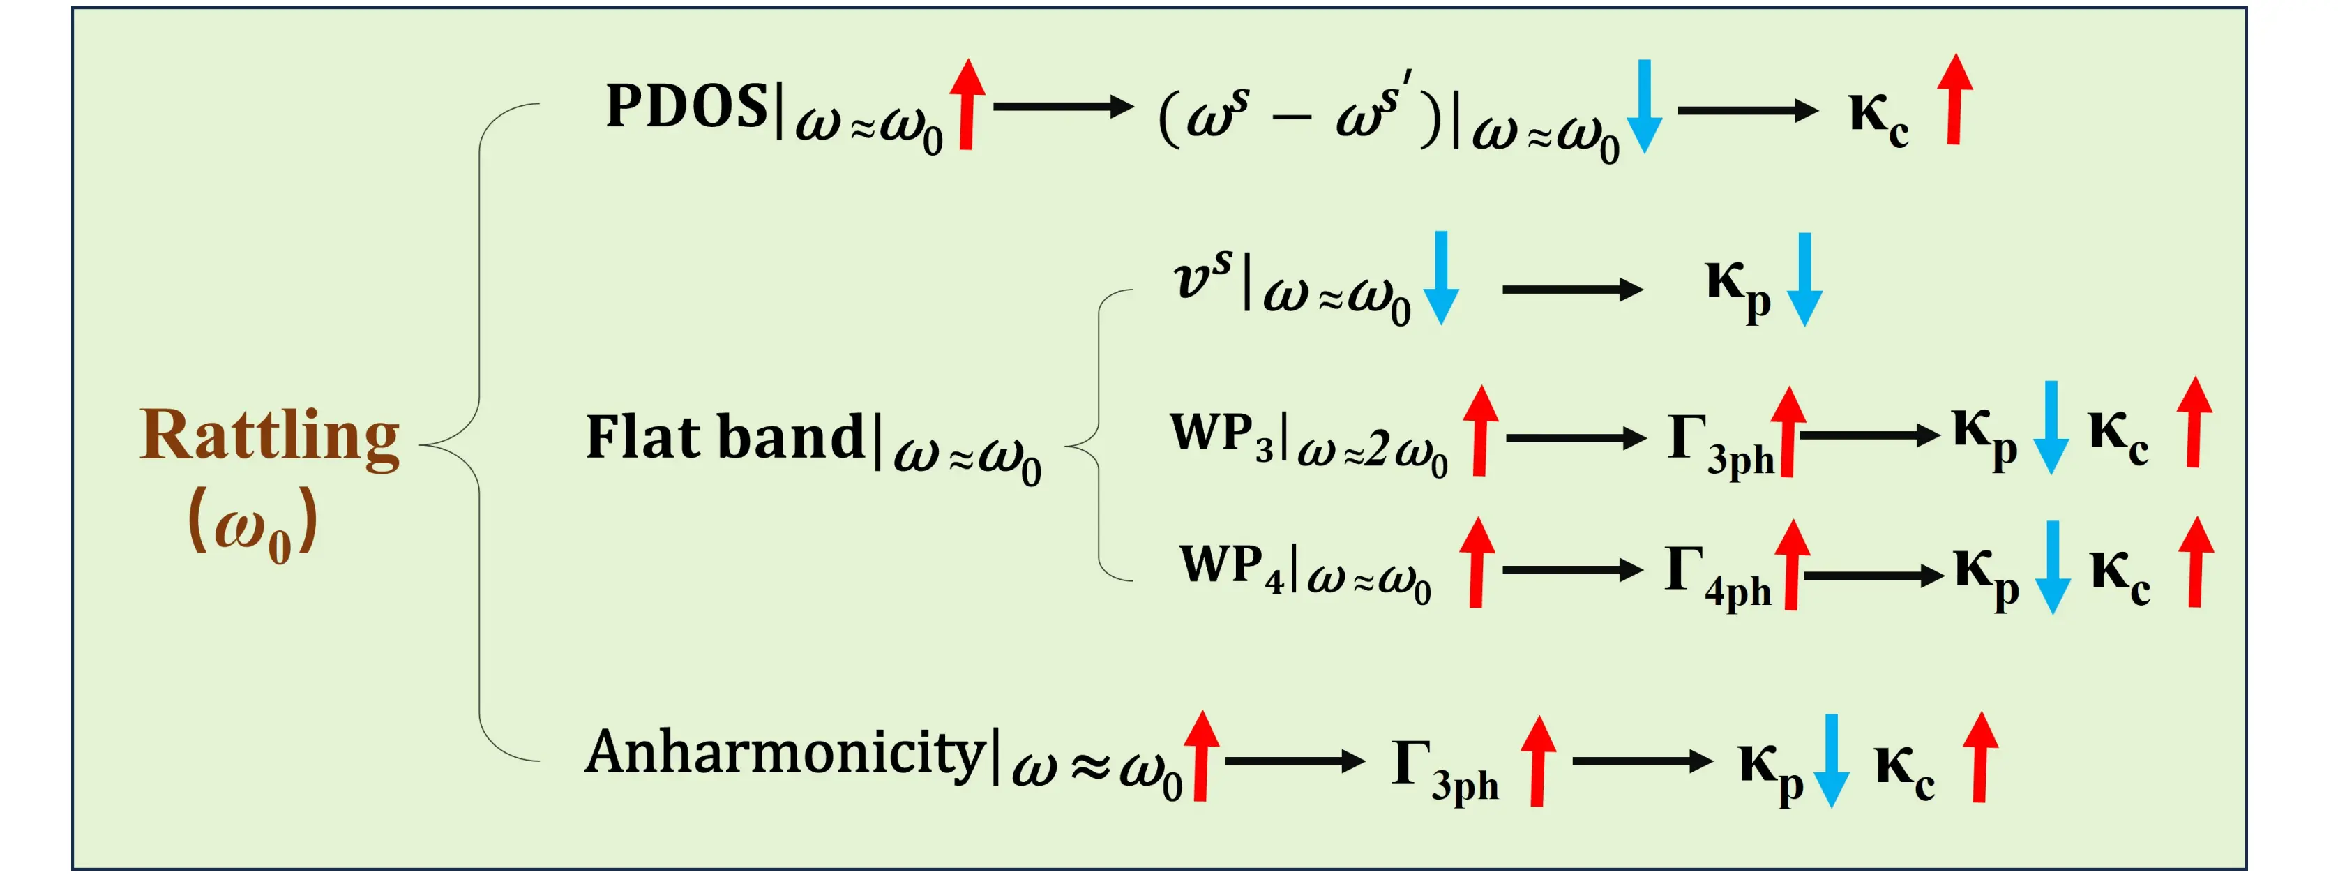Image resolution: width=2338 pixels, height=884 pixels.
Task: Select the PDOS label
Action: [686, 107]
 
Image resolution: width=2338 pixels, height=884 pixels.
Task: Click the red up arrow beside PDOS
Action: [967, 105]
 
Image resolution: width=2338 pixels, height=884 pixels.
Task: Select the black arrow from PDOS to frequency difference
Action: [1063, 107]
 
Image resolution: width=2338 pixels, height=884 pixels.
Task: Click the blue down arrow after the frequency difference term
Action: [1644, 107]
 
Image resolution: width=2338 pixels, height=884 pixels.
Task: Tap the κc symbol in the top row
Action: [1879, 118]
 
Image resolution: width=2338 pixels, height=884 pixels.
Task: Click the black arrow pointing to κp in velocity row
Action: [1572, 290]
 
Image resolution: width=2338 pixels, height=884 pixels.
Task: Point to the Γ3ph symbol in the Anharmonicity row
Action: [1444, 767]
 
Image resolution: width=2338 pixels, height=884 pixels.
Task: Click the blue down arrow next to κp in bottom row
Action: [1831, 761]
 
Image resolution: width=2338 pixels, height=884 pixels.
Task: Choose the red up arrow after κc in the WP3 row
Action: [2194, 423]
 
